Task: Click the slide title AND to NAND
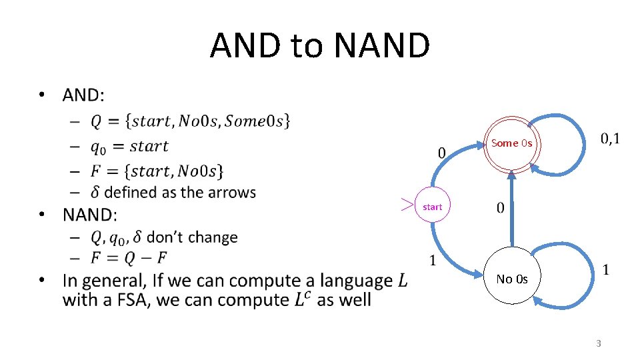tap(320, 45)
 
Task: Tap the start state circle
tap(432, 207)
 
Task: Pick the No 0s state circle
tap(511, 279)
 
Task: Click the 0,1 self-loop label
tap(609, 139)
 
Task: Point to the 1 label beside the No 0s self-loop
tap(605, 270)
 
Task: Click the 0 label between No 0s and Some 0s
tap(501, 208)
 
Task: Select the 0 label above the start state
tap(442, 153)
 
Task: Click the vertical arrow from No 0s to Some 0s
tap(511, 210)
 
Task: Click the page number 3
tap(598, 343)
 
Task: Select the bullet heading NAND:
tap(89, 215)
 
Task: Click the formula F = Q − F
tap(129, 257)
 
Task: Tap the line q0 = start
tap(129, 146)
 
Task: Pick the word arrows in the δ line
tap(228, 193)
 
